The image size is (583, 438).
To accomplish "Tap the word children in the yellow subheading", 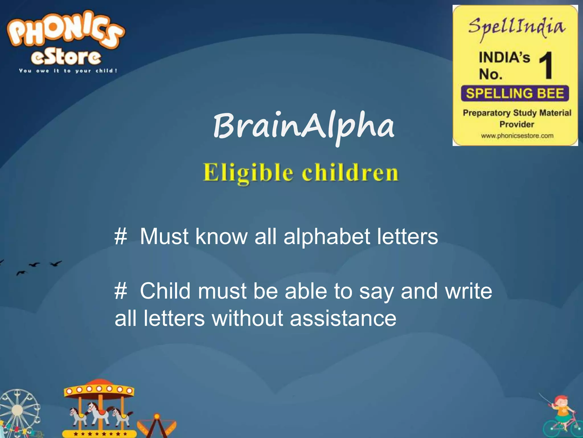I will click(x=350, y=173).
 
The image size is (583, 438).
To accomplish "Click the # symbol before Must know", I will click(x=120, y=237).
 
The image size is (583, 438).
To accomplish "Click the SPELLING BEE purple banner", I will click(x=515, y=94).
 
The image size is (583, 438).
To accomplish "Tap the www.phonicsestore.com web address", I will click(x=517, y=136).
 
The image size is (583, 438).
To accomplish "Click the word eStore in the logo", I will click(x=66, y=57).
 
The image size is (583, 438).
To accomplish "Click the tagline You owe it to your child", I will click(x=68, y=71).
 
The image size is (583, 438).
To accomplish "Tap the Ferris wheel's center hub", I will click(x=18, y=410).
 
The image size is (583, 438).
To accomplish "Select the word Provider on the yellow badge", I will click(x=516, y=125).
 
